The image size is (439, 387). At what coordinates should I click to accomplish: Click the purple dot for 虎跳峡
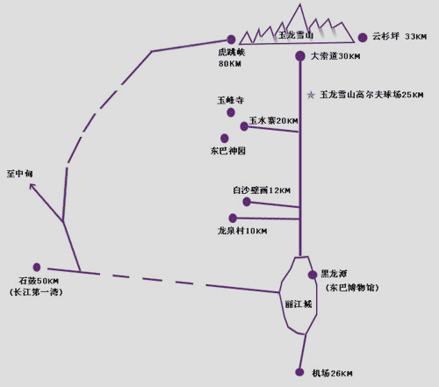[231, 39]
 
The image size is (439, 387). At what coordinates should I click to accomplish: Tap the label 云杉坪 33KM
[399, 36]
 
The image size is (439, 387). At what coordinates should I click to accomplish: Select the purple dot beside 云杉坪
[363, 38]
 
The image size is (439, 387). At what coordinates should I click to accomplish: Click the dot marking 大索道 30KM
[300, 56]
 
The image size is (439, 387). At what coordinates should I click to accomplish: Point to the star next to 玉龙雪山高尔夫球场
[311, 95]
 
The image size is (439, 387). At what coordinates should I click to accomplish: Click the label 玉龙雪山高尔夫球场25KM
[371, 95]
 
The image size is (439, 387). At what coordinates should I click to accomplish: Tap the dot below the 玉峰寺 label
[231, 112]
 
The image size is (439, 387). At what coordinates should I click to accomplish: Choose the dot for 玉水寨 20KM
[244, 126]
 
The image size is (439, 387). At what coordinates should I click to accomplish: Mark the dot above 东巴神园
[225, 138]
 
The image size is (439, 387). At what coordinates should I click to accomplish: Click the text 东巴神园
[228, 151]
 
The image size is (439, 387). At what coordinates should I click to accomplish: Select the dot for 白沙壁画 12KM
[247, 202]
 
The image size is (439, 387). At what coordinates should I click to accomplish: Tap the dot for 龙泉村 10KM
[233, 218]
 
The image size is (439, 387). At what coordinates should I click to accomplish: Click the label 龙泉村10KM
[242, 231]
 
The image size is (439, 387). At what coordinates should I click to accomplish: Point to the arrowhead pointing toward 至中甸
[32, 186]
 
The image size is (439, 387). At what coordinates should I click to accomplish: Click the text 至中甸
[19, 174]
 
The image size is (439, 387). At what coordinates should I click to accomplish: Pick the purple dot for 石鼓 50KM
[37, 267]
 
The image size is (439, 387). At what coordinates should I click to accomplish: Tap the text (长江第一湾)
[36, 292]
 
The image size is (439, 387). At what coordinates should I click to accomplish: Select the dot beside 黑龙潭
[313, 275]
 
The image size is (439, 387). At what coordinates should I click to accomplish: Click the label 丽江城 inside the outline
[299, 305]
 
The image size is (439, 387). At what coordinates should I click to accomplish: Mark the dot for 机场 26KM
[299, 372]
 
